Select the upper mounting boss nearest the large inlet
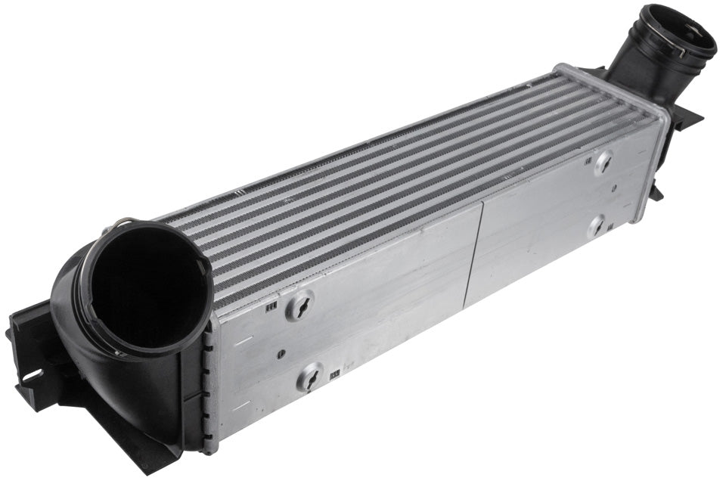tap(300, 306)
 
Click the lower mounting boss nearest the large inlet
tap(309, 376)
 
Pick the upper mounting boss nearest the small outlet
tap(603, 163)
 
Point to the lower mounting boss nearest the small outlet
tap(597, 225)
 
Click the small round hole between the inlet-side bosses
tap(281, 353)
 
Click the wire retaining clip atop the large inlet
tap(125, 224)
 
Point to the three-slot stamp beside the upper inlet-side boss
tap(271, 306)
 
